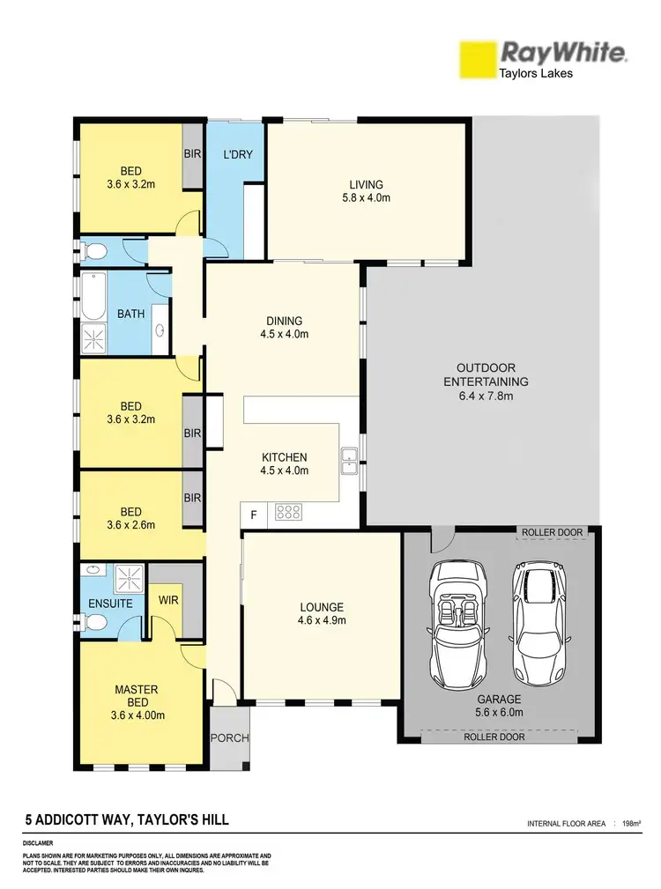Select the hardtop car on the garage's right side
pos(538,619)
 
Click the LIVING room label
pos(366,184)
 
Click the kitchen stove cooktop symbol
pos(289,511)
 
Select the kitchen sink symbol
pos(350,456)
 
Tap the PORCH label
pos(229,737)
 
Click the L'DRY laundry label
pos(238,154)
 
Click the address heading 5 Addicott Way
pos(127,820)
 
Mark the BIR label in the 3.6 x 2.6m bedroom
pos(193,498)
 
